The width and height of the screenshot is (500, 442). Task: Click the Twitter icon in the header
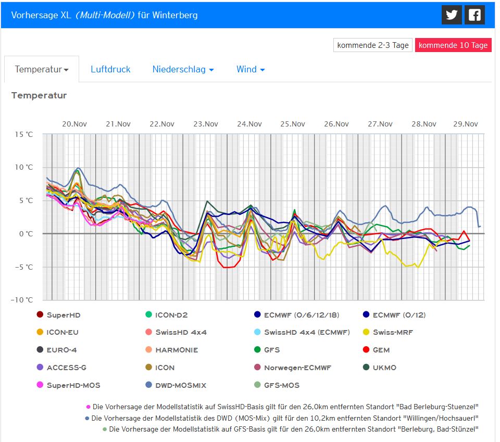point(452,15)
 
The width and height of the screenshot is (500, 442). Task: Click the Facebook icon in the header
point(474,15)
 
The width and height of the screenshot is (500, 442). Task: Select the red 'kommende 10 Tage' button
point(453,45)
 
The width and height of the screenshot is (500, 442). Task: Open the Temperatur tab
point(42,69)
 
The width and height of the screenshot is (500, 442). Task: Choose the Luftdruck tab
point(110,69)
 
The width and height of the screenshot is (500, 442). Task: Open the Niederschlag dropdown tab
point(183,69)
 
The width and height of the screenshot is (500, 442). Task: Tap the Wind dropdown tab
point(251,69)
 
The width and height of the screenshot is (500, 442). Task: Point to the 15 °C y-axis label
point(22,134)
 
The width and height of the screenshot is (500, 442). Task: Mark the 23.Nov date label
point(205,124)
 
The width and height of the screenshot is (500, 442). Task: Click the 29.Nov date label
point(465,124)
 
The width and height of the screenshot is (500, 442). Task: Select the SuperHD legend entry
point(63,315)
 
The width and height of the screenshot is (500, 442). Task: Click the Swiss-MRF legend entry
point(393,332)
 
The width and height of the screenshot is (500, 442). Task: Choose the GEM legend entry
point(381,350)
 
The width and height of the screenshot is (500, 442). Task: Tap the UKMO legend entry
point(384,368)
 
